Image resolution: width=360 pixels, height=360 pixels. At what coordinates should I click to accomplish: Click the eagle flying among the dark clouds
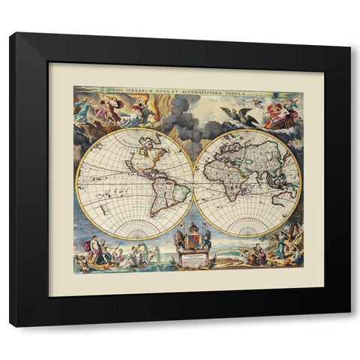(x=239, y=115)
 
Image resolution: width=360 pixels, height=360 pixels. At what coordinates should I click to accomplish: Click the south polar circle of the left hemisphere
(x=134, y=229)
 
